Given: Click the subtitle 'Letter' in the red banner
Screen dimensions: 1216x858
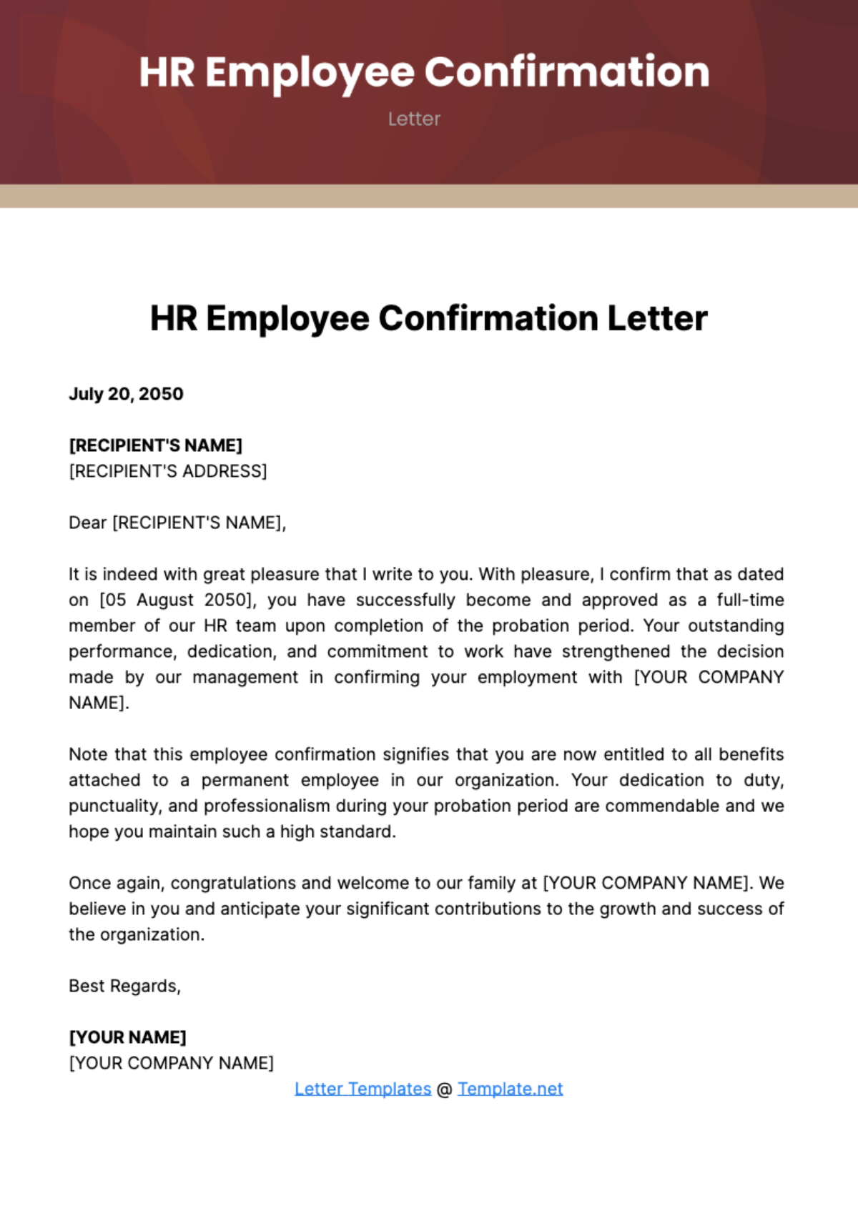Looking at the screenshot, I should tap(414, 119).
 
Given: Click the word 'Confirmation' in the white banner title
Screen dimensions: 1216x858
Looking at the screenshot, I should tap(566, 72).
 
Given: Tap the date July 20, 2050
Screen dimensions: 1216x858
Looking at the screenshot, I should tap(126, 394).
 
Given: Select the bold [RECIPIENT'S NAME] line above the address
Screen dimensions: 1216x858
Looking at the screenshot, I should tap(155, 445).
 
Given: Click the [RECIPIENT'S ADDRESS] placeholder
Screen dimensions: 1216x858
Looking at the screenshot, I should tap(167, 471).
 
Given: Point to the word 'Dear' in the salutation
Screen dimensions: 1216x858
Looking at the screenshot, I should tap(87, 523).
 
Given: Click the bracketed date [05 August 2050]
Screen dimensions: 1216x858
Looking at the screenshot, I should tap(177, 600).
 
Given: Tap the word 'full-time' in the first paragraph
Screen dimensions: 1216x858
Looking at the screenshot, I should tap(750, 600).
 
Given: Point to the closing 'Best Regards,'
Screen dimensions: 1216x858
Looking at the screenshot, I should tap(124, 986).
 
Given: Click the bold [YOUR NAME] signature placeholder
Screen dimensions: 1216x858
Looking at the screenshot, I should tap(127, 1037).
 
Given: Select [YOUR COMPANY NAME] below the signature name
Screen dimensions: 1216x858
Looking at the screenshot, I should tap(171, 1063).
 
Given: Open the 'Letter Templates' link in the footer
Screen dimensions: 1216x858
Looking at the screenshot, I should tap(363, 1089).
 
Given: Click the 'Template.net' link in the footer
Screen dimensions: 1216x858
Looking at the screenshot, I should tap(510, 1089).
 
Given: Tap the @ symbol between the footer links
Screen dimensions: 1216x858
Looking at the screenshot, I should tap(444, 1089).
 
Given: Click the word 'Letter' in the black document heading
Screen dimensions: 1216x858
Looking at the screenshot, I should tap(657, 319).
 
